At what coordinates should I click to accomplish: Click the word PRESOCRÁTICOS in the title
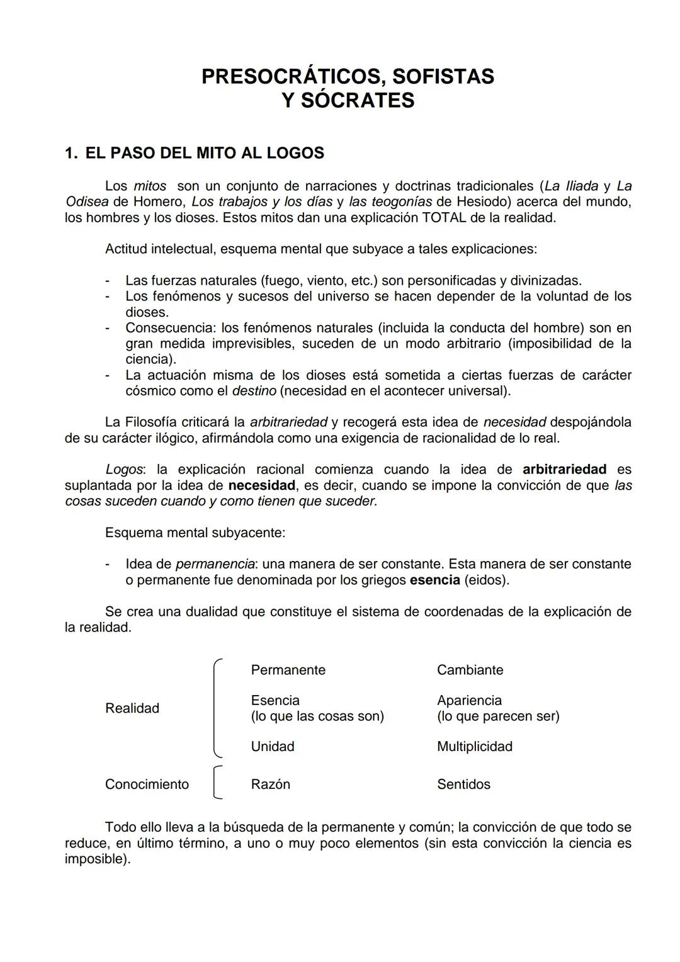(x=293, y=76)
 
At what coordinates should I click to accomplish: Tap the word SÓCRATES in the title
(x=358, y=100)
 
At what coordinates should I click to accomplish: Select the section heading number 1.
(x=71, y=153)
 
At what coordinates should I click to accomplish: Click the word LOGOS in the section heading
(x=295, y=153)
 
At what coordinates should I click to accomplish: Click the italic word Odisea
(x=87, y=202)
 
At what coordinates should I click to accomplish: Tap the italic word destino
(x=254, y=391)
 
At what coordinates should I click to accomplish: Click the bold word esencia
(x=434, y=580)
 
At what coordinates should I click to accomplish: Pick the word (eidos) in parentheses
(x=487, y=580)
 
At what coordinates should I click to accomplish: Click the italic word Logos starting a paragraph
(x=124, y=470)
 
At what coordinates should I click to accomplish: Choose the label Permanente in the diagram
(x=288, y=670)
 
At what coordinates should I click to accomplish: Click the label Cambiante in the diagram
(x=470, y=670)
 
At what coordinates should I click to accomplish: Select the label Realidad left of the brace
(x=132, y=708)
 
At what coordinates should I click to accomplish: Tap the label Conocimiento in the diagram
(x=147, y=784)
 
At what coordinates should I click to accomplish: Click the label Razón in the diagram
(x=270, y=784)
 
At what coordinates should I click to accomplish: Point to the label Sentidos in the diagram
(x=463, y=784)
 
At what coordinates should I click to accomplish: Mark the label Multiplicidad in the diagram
(x=474, y=747)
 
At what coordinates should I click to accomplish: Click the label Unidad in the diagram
(x=272, y=747)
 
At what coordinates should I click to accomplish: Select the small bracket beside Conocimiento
(x=217, y=783)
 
